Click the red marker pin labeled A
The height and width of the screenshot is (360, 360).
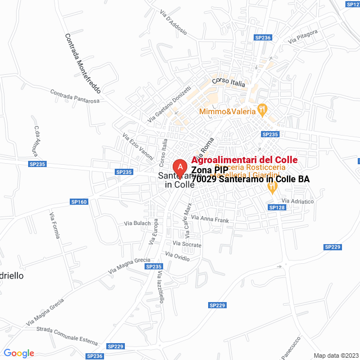coord(179,168)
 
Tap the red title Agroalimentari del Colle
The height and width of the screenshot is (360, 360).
coord(245,160)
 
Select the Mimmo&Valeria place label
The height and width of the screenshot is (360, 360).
coord(227,111)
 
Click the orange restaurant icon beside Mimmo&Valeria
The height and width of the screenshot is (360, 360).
coord(262,108)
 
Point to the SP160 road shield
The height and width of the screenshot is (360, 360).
coord(79,201)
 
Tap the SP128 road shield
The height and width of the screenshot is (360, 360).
coord(277,208)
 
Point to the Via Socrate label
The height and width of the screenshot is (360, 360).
coord(187,244)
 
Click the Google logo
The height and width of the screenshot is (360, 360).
coord(19,353)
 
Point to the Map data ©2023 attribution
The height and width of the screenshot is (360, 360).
coord(336,355)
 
